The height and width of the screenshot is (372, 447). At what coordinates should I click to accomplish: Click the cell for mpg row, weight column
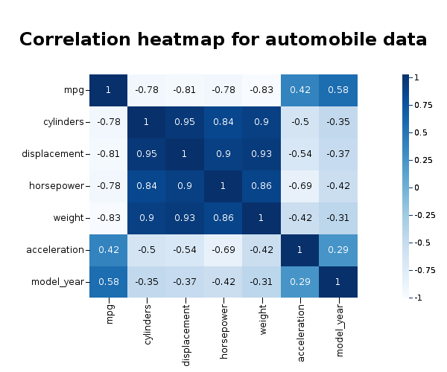pos(261,90)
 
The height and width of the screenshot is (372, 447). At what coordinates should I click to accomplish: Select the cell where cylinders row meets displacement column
pos(185,122)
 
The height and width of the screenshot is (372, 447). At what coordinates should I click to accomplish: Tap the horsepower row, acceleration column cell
pos(300,186)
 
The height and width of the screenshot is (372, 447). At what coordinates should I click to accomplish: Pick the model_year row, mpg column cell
pos(108,282)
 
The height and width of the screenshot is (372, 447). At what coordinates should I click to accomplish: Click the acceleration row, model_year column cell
pos(338,250)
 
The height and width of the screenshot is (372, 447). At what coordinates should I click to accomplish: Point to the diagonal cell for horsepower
pos(223,186)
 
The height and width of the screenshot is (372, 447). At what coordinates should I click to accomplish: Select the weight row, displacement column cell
pos(185,218)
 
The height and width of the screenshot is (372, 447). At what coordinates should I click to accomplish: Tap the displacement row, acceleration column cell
pos(300,154)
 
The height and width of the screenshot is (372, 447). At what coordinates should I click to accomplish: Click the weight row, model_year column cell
pos(338,218)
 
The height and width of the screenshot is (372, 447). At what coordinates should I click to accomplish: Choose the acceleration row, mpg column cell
pos(108,250)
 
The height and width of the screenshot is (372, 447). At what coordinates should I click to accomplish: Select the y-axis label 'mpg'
pos(74,90)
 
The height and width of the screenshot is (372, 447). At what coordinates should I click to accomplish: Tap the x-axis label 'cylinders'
pos(147,321)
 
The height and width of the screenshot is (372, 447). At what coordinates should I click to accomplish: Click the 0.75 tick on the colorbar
pos(422,105)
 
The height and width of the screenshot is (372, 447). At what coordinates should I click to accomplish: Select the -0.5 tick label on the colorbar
pos(422,243)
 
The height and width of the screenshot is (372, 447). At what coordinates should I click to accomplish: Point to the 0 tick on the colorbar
pos(417,187)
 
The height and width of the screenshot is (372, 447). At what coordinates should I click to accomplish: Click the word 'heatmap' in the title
pos(174,39)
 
